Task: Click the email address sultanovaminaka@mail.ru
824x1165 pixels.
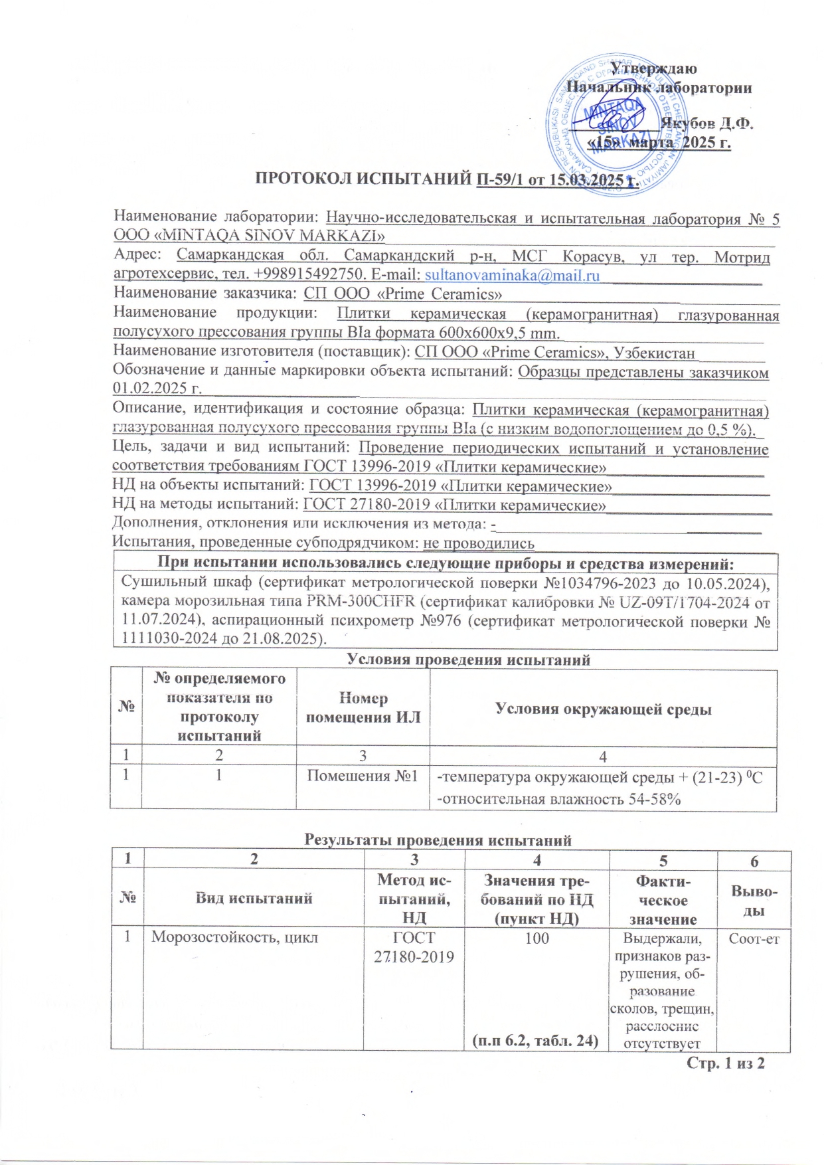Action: click(x=512, y=275)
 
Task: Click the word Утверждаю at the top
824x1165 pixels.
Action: click(x=653, y=68)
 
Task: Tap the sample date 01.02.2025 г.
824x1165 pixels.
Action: click(x=157, y=389)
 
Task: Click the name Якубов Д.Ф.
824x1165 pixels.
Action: click(x=706, y=124)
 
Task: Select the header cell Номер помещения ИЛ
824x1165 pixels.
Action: click(x=363, y=707)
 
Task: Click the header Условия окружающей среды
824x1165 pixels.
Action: click(x=603, y=709)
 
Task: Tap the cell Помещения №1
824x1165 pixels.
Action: click(x=363, y=776)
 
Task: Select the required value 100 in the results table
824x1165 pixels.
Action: click(x=536, y=938)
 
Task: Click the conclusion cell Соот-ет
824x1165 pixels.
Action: click(x=754, y=939)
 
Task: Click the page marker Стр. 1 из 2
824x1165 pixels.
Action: click(x=725, y=1063)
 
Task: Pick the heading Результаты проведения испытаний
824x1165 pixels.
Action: click(x=438, y=840)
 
